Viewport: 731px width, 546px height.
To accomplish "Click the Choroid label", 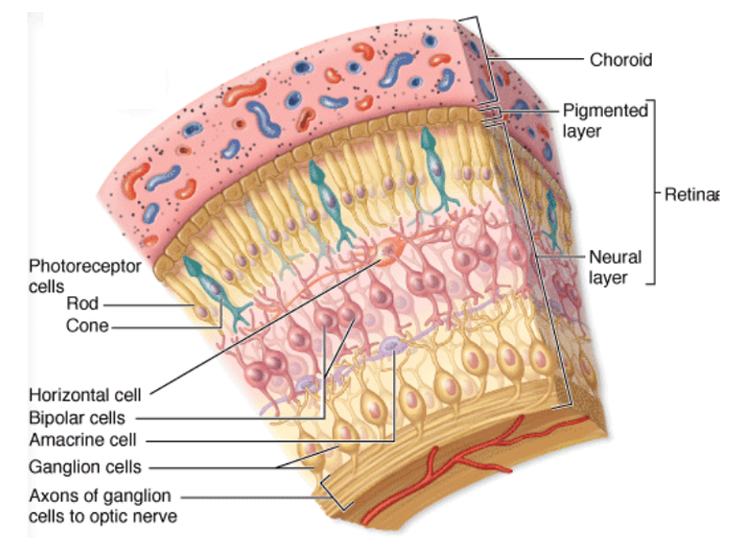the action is tap(620, 60).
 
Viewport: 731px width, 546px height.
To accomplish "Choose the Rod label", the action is tap(81, 304).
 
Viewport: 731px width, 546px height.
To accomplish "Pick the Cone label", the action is tap(87, 326).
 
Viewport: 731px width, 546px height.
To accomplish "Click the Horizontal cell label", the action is tap(85, 396).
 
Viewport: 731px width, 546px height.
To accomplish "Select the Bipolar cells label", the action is tap(77, 417).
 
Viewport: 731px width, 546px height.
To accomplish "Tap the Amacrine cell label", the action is tap(83, 439).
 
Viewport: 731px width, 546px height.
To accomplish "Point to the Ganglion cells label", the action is tap(85, 466).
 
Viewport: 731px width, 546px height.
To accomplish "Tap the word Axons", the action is tap(50, 495).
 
